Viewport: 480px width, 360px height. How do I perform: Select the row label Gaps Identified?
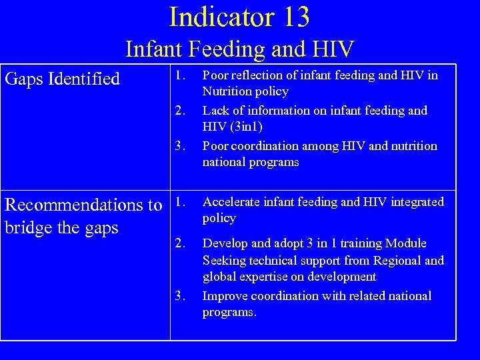click(x=62, y=79)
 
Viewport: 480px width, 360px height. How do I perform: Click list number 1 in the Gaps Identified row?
click(x=178, y=75)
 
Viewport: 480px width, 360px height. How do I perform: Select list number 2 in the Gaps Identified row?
click(x=178, y=110)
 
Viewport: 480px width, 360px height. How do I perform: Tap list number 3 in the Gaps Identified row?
click(x=178, y=145)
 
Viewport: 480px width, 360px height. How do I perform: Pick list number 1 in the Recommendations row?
click(x=178, y=201)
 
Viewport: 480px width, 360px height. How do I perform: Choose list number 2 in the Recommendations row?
click(x=178, y=243)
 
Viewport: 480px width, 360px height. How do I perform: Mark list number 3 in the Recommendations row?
click(x=178, y=295)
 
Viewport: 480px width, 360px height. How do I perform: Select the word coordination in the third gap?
click(x=266, y=145)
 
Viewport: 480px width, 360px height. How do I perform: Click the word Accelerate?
click(x=231, y=201)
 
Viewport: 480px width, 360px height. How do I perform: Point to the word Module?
click(x=404, y=243)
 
